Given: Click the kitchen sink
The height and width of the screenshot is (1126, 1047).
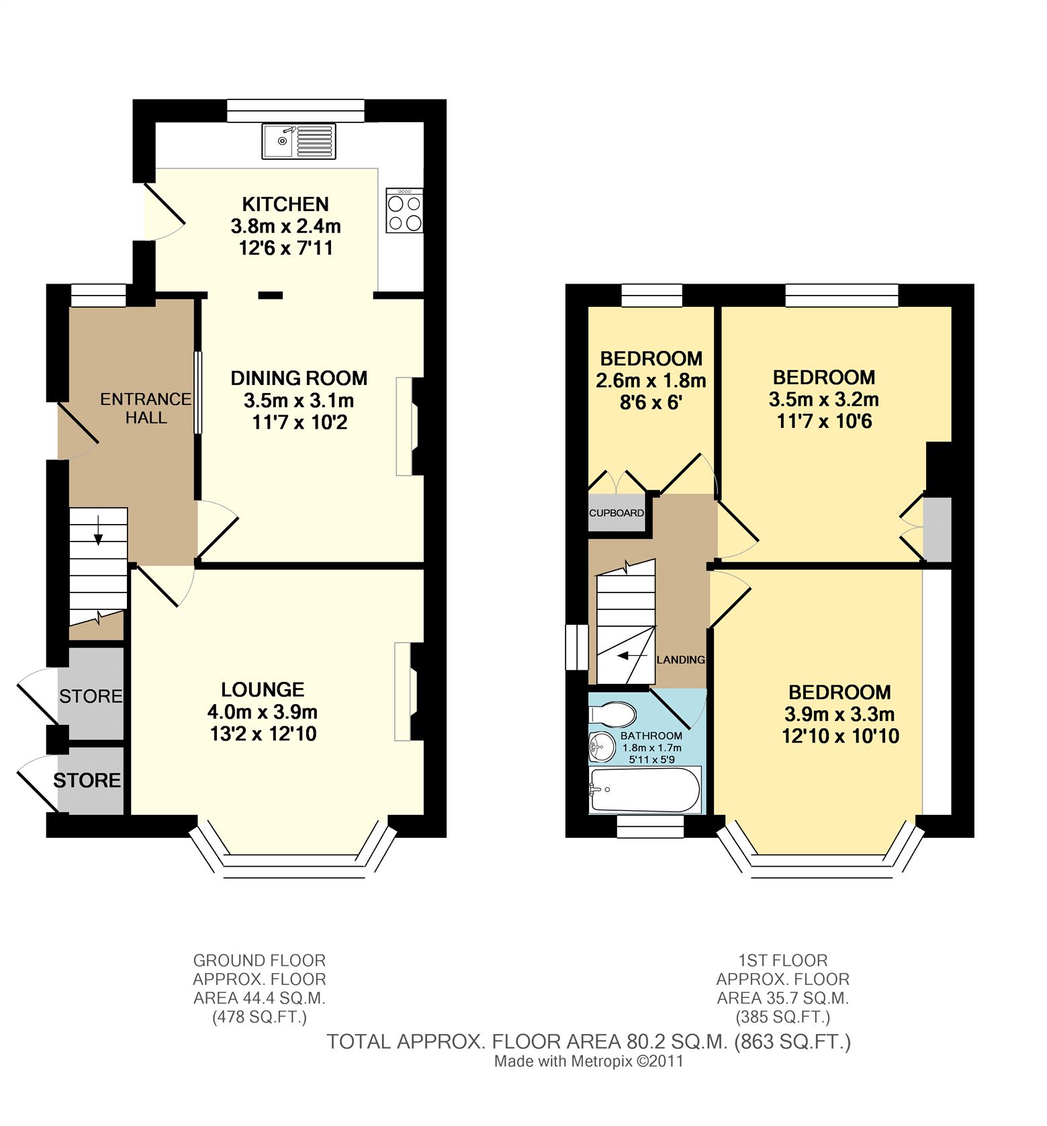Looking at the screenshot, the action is (299, 141).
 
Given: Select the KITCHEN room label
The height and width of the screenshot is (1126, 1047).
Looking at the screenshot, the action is (285, 204).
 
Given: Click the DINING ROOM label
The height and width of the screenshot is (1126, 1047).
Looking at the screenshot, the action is (299, 378).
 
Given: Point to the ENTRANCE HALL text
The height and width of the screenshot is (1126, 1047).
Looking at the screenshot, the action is (146, 408).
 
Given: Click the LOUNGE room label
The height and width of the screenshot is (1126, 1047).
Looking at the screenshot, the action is (263, 689).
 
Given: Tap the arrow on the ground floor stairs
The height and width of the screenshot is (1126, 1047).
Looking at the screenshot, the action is (99, 529).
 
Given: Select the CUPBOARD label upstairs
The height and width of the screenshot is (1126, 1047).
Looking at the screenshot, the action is (617, 513).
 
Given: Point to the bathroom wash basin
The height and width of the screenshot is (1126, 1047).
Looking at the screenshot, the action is (602, 746).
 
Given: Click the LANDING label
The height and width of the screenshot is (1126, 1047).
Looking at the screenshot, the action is (680, 660).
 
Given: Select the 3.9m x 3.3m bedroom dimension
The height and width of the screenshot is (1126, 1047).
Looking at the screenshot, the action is (839, 714).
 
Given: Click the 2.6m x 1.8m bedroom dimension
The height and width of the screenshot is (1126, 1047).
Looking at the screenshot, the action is (651, 381).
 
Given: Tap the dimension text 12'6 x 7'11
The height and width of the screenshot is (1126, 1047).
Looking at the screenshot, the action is (285, 248).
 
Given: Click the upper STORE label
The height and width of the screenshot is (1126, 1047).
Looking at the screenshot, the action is (91, 696).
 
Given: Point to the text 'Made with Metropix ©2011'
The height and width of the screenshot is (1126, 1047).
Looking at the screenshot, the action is (588, 1062).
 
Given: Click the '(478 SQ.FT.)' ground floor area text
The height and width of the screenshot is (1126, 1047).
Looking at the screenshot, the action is (259, 1017).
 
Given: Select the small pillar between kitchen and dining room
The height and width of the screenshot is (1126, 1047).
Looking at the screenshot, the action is (271, 294).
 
